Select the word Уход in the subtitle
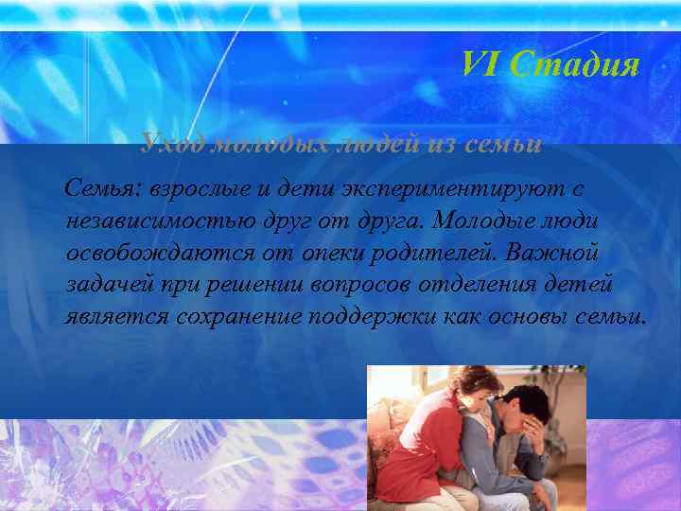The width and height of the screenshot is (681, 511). [172, 145]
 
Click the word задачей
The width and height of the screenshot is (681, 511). [105, 284]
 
